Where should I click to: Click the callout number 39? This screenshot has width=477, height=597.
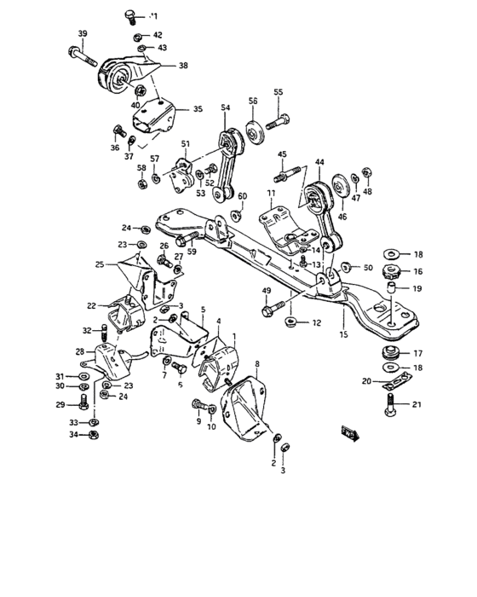click(83, 34)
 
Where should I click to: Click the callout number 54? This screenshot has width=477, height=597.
click(225, 107)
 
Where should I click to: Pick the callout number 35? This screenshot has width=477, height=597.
click(198, 109)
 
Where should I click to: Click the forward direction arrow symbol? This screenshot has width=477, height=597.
click(349, 432)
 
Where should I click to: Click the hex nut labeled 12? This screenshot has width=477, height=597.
click(290, 322)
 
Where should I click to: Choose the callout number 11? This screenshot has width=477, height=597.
click(270, 195)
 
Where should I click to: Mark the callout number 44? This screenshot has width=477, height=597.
click(319, 161)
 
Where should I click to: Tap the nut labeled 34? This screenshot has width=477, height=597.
click(95, 434)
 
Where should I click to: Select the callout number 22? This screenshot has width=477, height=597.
click(90, 305)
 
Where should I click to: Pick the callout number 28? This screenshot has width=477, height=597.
click(78, 351)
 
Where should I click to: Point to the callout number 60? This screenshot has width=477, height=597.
click(242, 196)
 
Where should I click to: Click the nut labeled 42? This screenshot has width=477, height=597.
click(137, 36)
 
